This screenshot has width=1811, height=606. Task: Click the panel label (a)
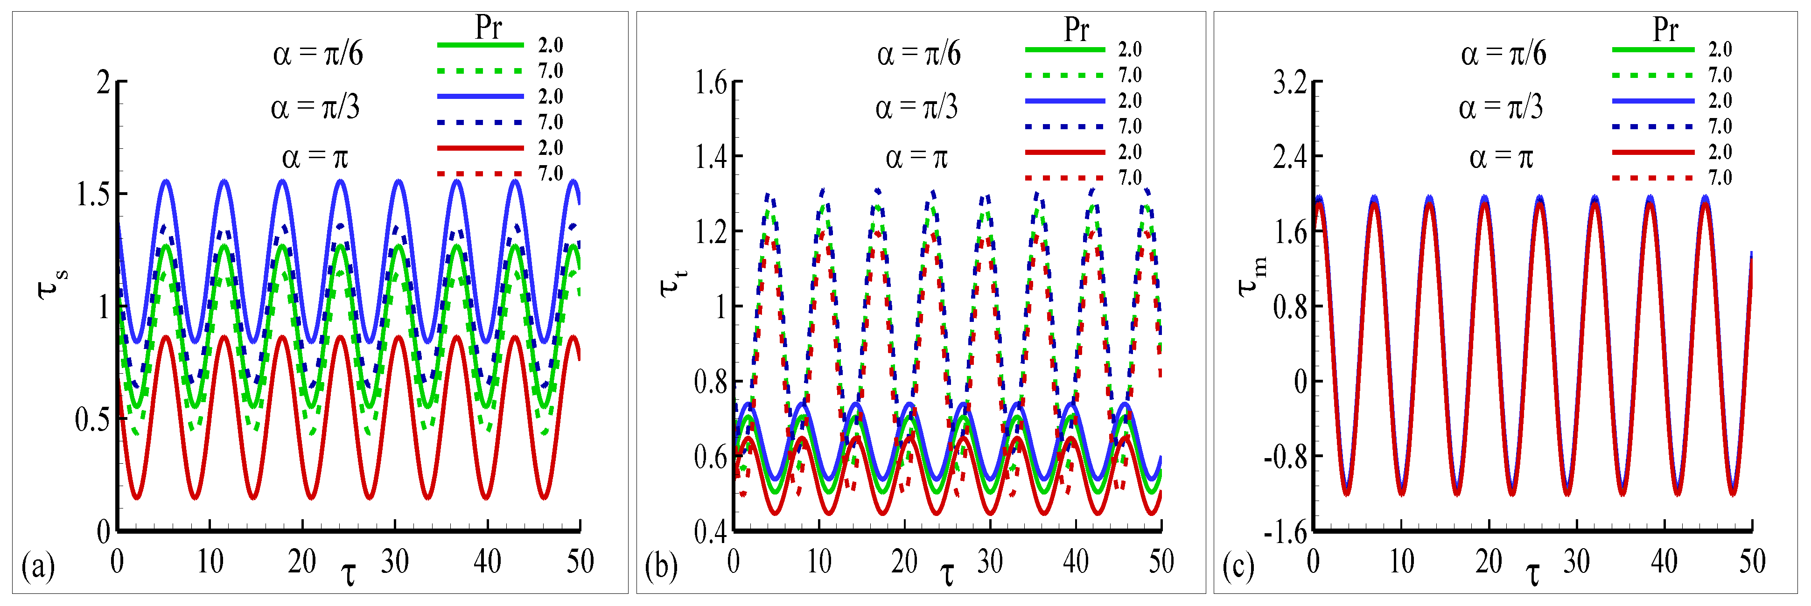[38, 566]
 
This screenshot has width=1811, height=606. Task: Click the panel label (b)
[661, 566]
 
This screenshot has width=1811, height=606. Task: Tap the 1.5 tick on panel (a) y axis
[93, 195]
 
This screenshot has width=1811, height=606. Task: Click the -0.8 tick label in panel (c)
[1285, 457]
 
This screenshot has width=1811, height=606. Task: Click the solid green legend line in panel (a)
[480, 45]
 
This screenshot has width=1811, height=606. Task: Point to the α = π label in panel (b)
[916, 158]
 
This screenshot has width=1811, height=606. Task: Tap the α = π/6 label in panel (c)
[1503, 54]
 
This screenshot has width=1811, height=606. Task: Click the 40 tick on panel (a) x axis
[487, 561]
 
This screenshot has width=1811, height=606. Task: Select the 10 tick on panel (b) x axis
[819, 561]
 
